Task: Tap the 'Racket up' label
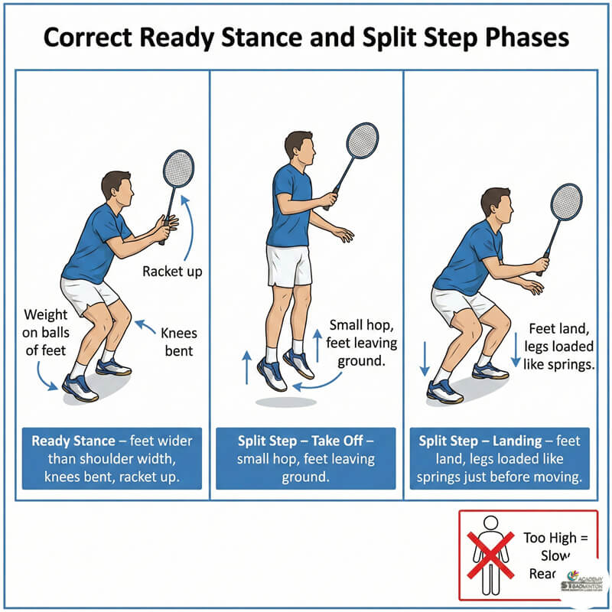point(173,271)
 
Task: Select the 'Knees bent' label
point(177,341)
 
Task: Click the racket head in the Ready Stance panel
point(178,168)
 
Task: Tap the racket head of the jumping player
point(362,142)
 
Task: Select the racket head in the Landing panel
point(566,201)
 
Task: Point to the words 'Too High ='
point(556,538)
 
